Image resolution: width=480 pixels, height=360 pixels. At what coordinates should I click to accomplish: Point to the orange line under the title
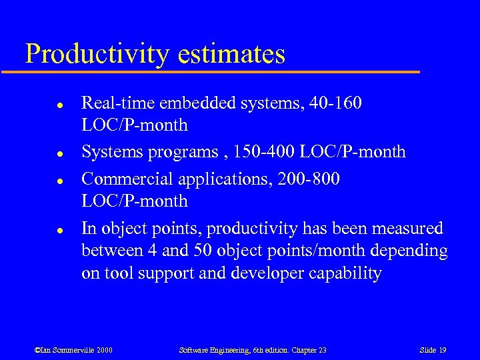point(220,71)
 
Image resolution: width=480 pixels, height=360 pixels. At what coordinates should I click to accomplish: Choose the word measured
point(406,229)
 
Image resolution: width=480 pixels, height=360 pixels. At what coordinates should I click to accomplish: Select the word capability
point(349,273)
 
